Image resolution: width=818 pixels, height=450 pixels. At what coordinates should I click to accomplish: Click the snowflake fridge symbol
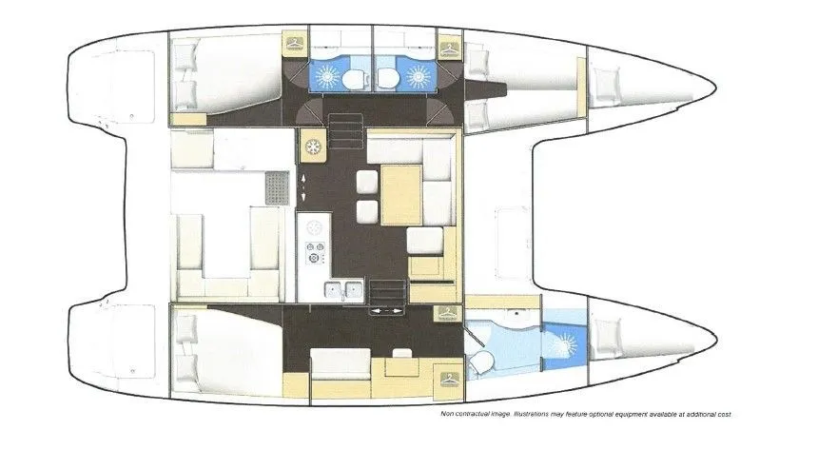[x=313, y=147]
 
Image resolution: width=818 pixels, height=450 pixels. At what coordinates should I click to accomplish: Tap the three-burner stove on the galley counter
[x=315, y=252]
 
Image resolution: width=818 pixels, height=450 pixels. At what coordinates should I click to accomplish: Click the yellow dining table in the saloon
[x=401, y=195]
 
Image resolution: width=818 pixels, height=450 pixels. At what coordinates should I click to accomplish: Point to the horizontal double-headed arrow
[x=386, y=311]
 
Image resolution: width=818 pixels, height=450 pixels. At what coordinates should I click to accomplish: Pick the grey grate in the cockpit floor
[x=277, y=188]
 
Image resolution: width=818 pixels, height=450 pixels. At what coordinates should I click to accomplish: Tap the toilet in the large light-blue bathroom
[x=481, y=362]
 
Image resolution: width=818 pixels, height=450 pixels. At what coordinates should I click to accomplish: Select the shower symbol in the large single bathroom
[x=564, y=344]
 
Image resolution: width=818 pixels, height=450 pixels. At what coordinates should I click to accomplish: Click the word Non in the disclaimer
[x=448, y=414]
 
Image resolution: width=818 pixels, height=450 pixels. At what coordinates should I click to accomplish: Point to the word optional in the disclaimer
[x=601, y=414]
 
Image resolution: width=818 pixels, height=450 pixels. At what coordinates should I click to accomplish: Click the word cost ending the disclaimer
[x=724, y=414]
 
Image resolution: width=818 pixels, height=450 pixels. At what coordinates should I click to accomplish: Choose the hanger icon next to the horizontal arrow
[x=448, y=313]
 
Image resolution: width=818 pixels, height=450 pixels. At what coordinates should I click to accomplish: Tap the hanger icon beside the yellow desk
[x=449, y=379]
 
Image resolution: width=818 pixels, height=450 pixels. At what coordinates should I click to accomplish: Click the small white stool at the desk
[x=401, y=353]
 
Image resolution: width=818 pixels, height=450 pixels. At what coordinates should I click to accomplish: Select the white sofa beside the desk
[x=341, y=363]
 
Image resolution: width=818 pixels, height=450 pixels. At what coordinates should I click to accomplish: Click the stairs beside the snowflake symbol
[x=345, y=131]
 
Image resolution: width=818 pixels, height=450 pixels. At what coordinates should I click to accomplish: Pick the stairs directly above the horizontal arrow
[x=387, y=292]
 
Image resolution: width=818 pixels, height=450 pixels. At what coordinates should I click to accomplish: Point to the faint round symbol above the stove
[x=314, y=227]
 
